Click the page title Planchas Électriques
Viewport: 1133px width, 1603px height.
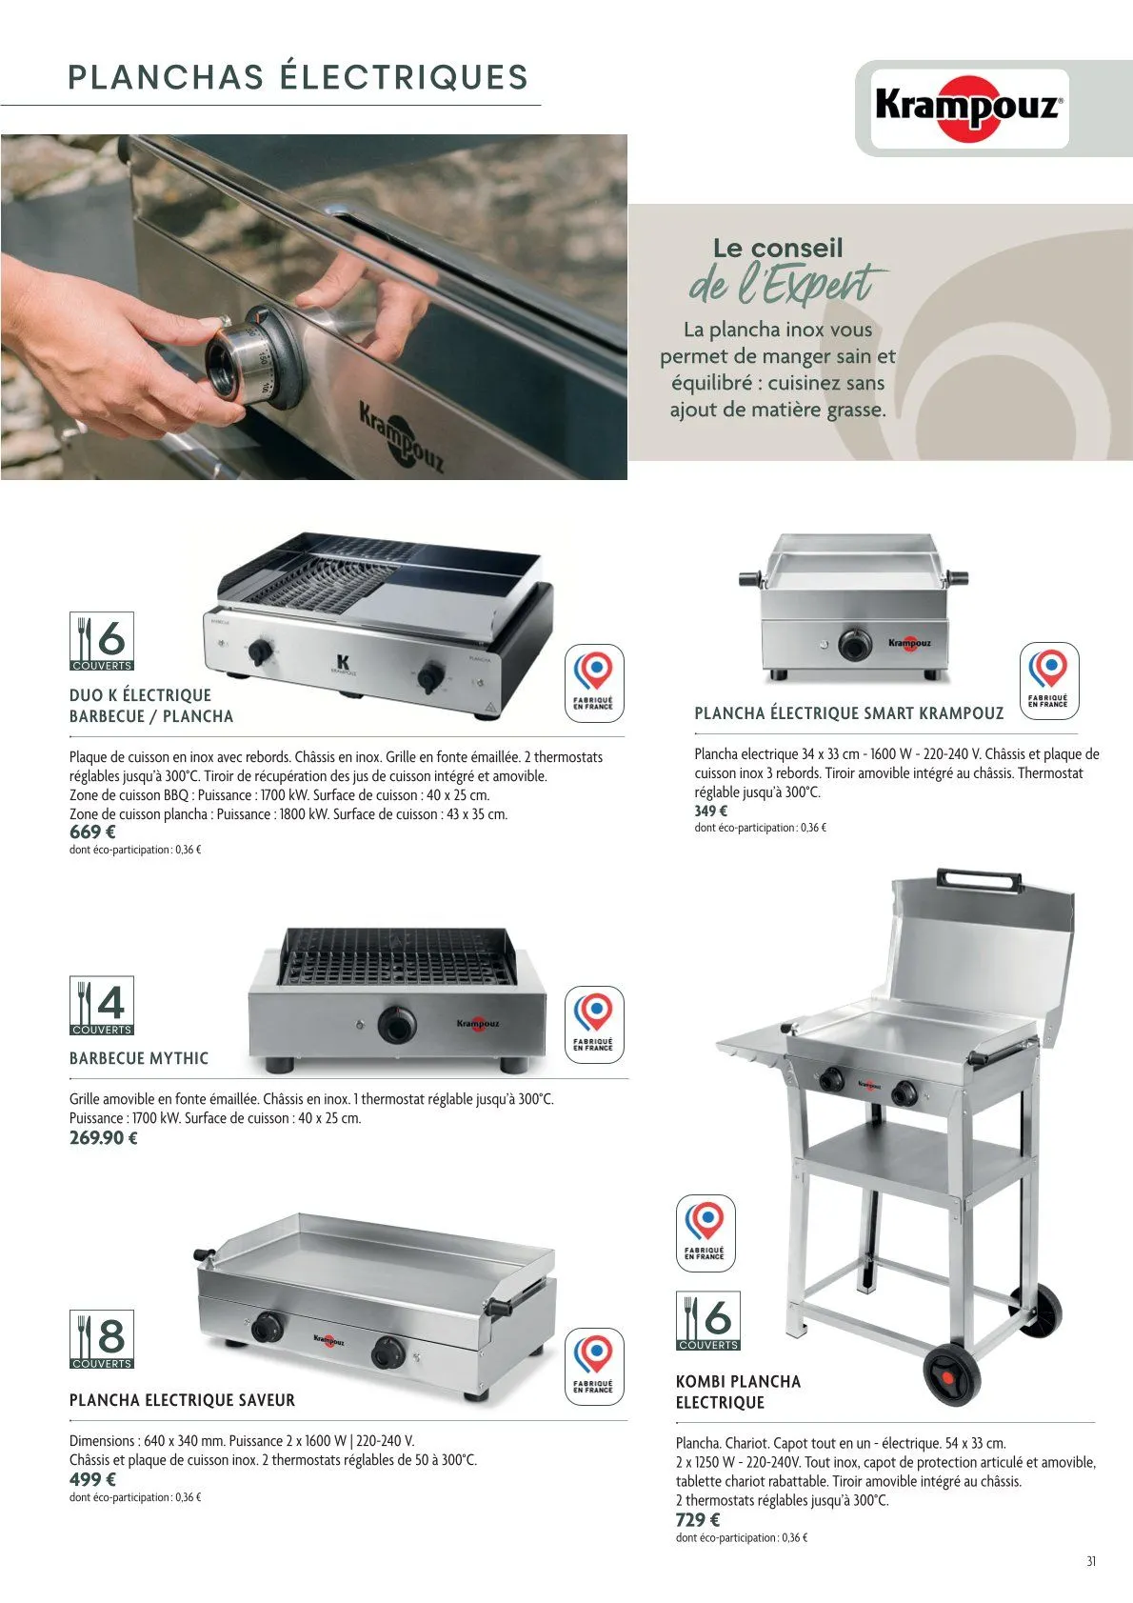pos(298,78)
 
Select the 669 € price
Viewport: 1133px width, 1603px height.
pos(92,832)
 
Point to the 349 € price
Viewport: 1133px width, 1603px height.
pos(710,811)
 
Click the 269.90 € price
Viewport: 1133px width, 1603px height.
pos(104,1137)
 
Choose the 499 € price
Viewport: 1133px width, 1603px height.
pos(92,1479)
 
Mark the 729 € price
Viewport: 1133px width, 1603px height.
pos(698,1520)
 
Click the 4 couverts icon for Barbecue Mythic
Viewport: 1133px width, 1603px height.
pos(102,1006)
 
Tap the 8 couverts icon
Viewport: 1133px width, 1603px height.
pos(102,1339)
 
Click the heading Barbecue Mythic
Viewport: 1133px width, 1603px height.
pos(139,1058)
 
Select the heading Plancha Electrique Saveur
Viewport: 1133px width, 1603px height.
pos(182,1400)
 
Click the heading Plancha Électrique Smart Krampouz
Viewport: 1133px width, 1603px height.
pos(848,713)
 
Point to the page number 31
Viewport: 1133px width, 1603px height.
pos(1091,1561)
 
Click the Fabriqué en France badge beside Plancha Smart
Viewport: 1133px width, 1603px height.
pos(1048,674)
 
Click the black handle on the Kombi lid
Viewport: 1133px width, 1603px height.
pos(978,879)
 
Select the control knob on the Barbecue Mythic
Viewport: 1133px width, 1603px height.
pos(396,1024)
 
